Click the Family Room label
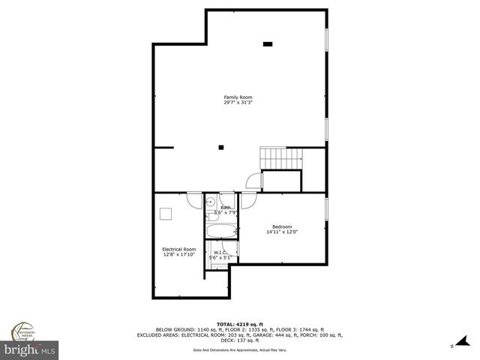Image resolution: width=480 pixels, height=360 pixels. coord(238,97)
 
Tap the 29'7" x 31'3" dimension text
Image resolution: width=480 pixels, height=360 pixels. coord(238,103)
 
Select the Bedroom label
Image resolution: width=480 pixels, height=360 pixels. coord(282,226)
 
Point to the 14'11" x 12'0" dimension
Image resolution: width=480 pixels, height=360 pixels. coord(282,232)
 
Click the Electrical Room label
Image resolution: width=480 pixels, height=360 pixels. coord(179,249)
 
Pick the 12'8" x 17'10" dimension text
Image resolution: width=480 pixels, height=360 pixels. coord(179,254)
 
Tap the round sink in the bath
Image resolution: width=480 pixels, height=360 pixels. coord(211,201)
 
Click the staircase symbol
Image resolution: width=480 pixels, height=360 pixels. coord(280,158)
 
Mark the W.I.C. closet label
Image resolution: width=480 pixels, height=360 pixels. coord(220,253)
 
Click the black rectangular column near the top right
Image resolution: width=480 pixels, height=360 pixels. coord(268,44)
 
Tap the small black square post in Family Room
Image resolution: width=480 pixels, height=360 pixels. coord(220,147)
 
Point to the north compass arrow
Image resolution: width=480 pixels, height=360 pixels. coord(453,346)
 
